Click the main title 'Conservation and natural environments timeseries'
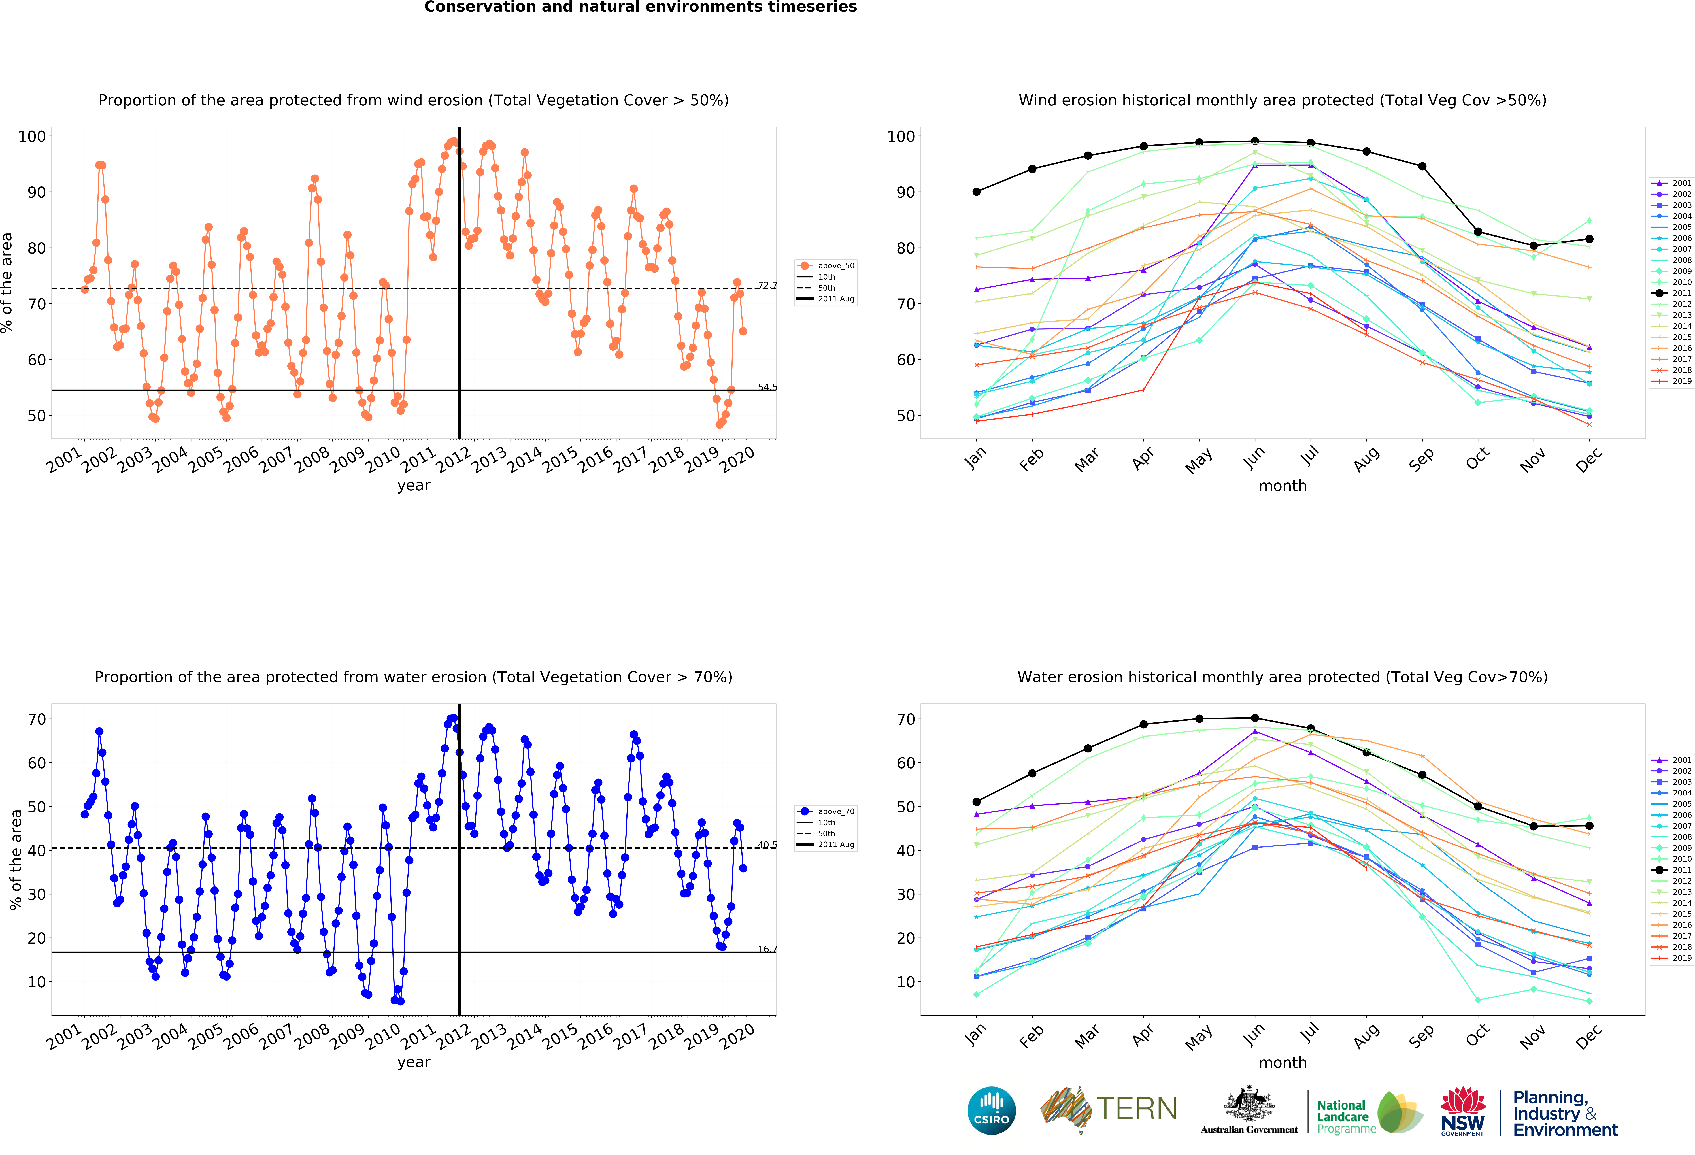[x=640, y=7]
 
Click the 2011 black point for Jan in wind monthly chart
[x=977, y=192]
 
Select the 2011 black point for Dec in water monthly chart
[x=1589, y=826]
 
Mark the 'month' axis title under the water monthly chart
[x=1282, y=1062]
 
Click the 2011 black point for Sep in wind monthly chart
[x=1422, y=166]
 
